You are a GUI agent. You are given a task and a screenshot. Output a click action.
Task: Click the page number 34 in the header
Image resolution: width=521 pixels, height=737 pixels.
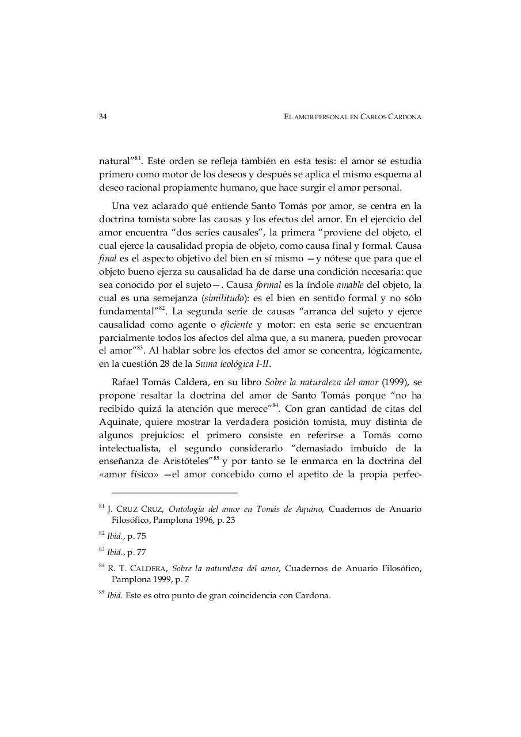coord(103,117)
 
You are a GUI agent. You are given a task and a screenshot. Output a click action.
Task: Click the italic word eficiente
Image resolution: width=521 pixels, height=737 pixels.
coord(237,325)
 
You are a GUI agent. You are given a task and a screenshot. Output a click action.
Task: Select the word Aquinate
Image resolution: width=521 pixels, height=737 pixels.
coord(118,421)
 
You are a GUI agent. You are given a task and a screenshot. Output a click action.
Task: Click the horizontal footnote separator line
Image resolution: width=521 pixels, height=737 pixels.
coord(174,493)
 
